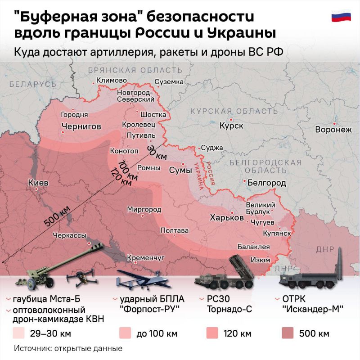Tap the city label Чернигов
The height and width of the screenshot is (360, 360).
point(81,126)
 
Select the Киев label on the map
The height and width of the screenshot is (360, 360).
point(38,183)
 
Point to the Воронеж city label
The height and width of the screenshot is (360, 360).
point(333,130)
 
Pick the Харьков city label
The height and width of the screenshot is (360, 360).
point(223,218)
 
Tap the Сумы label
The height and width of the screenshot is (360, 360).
point(180,171)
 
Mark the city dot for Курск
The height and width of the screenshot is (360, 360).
point(231,119)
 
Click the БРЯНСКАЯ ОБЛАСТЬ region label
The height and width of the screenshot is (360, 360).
point(135,70)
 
